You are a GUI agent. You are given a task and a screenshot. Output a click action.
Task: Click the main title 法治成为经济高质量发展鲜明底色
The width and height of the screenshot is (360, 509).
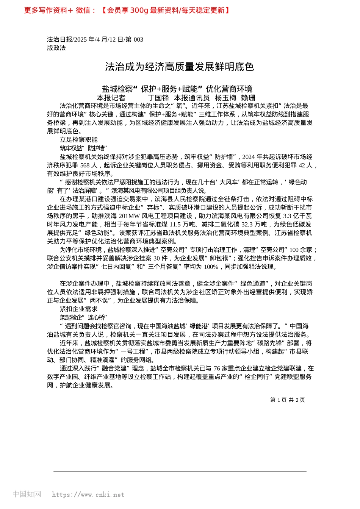[x=180, y=67]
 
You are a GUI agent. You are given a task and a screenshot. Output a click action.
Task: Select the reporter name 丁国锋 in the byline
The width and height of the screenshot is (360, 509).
[x=158, y=98]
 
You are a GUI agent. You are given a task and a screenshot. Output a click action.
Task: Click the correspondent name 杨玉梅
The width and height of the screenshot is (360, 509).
[x=225, y=98]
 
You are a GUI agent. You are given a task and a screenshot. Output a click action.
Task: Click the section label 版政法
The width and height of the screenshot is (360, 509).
[x=56, y=48]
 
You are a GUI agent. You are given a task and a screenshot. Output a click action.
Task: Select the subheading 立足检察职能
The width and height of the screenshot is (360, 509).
[x=78, y=140]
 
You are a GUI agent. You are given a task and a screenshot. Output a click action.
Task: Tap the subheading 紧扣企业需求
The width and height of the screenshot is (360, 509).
[x=78, y=309]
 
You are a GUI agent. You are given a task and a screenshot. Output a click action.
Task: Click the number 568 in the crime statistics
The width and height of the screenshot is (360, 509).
[x=85, y=166]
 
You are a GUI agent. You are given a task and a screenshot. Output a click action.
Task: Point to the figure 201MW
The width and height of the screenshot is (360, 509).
[x=128, y=216]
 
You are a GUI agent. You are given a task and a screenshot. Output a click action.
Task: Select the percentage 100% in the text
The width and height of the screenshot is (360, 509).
[x=211, y=267]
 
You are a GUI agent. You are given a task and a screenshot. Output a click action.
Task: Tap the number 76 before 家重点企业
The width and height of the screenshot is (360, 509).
[x=217, y=368]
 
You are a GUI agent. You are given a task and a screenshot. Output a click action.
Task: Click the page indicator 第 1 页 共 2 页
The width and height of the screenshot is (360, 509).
[x=287, y=400]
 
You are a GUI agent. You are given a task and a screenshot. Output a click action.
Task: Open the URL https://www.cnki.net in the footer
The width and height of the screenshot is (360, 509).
[x=88, y=495]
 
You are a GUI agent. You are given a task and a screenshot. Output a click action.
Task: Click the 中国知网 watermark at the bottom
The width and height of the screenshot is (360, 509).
[x=27, y=494]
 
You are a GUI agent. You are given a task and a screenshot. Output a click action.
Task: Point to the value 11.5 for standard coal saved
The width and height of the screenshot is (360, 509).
[x=175, y=224]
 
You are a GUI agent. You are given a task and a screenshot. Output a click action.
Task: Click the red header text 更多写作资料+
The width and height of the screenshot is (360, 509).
[x=49, y=11]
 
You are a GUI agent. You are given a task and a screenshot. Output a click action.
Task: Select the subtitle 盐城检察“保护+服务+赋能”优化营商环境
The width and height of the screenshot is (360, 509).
[x=177, y=89]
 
